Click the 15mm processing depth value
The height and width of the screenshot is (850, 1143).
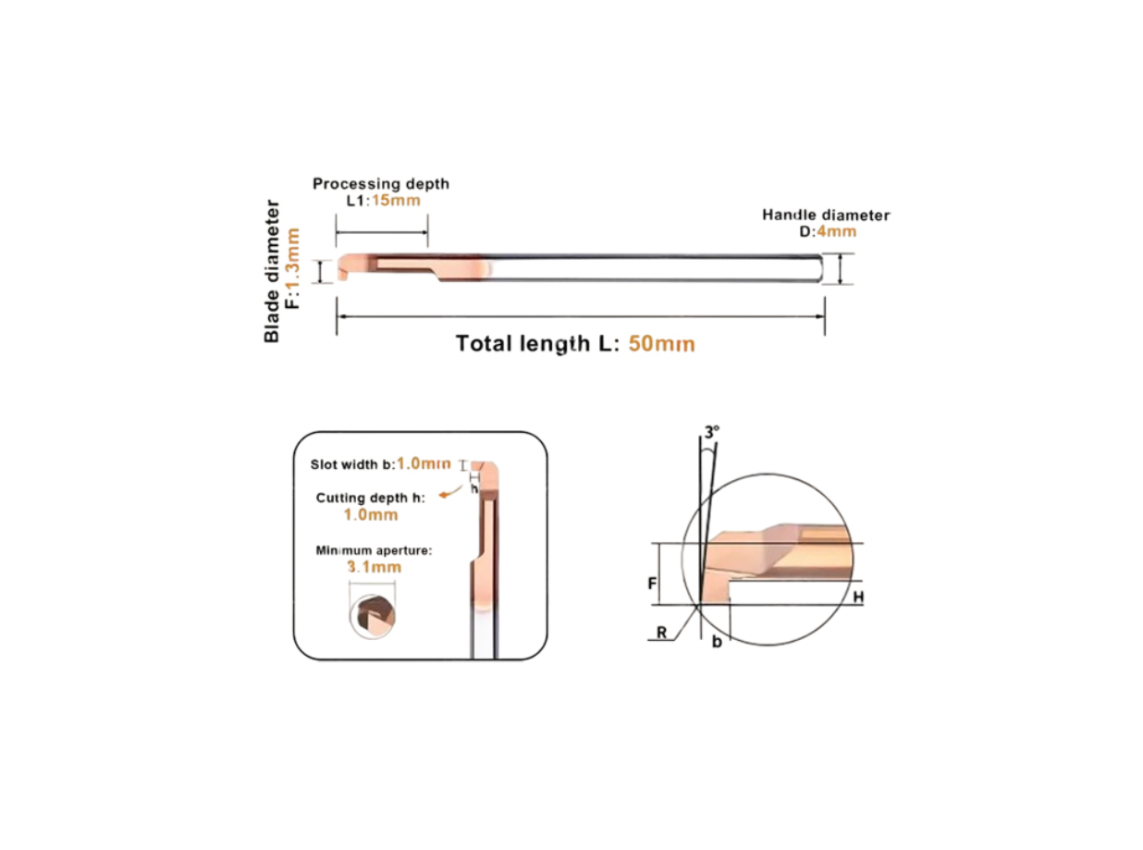pyautogui.click(x=396, y=201)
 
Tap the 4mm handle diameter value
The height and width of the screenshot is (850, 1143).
pyautogui.click(x=836, y=231)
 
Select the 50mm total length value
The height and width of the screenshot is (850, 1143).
pyautogui.click(x=662, y=344)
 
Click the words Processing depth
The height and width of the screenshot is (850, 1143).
pyautogui.click(x=381, y=184)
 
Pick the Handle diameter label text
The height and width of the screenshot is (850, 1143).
pyautogui.click(x=826, y=215)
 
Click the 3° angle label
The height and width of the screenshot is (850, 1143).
pyautogui.click(x=712, y=432)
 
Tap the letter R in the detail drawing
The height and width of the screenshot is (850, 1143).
pyautogui.click(x=662, y=632)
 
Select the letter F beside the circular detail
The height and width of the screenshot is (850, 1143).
pyautogui.click(x=652, y=584)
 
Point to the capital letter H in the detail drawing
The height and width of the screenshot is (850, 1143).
pyautogui.click(x=858, y=597)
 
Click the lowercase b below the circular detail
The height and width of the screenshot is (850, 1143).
pyautogui.click(x=717, y=642)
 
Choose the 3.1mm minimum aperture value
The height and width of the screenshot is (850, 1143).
pyautogui.click(x=375, y=567)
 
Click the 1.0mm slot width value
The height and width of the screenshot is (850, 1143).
pyautogui.click(x=424, y=463)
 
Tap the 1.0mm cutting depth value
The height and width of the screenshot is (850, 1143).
pyautogui.click(x=371, y=514)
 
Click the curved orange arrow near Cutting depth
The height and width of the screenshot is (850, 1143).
pyautogui.click(x=450, y=491)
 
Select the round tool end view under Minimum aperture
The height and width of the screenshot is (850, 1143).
pyautogui.click(x=373, y=617)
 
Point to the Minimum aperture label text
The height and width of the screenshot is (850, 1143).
pyautogui.click(x=374, y=550)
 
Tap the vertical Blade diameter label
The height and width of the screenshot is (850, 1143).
pyautogui.click(x=272, y=271)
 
